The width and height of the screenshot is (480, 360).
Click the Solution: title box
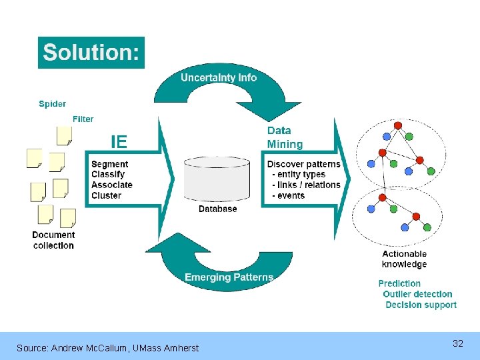tap(91, 53)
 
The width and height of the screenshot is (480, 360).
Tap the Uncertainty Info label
tap(219, 77)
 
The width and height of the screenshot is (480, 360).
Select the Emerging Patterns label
tap(229, 277)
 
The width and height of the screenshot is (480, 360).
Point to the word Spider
tap(52, 104)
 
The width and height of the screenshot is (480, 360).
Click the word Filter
tap(83, 119)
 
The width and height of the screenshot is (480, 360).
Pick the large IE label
tap(119, 141)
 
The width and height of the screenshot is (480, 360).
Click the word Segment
tap(110, 164)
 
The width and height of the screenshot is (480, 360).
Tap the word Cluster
tap(106, 195)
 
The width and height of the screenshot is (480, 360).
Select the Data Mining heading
tap(285, 138)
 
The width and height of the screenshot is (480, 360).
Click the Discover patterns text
tap(303, 164)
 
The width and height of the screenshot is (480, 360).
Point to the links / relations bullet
tap(306, 185)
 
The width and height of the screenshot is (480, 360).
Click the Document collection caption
tap(53, 240)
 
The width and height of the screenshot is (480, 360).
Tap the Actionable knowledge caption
tap(404, 259)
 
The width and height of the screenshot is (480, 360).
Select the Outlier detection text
tap(417, 294)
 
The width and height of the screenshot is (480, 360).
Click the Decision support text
tap(421, 305)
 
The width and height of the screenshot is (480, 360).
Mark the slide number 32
tap(458, 343)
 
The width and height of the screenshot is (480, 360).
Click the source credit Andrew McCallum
tap(107, 348)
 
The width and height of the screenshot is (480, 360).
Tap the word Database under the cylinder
tap(217, 209)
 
